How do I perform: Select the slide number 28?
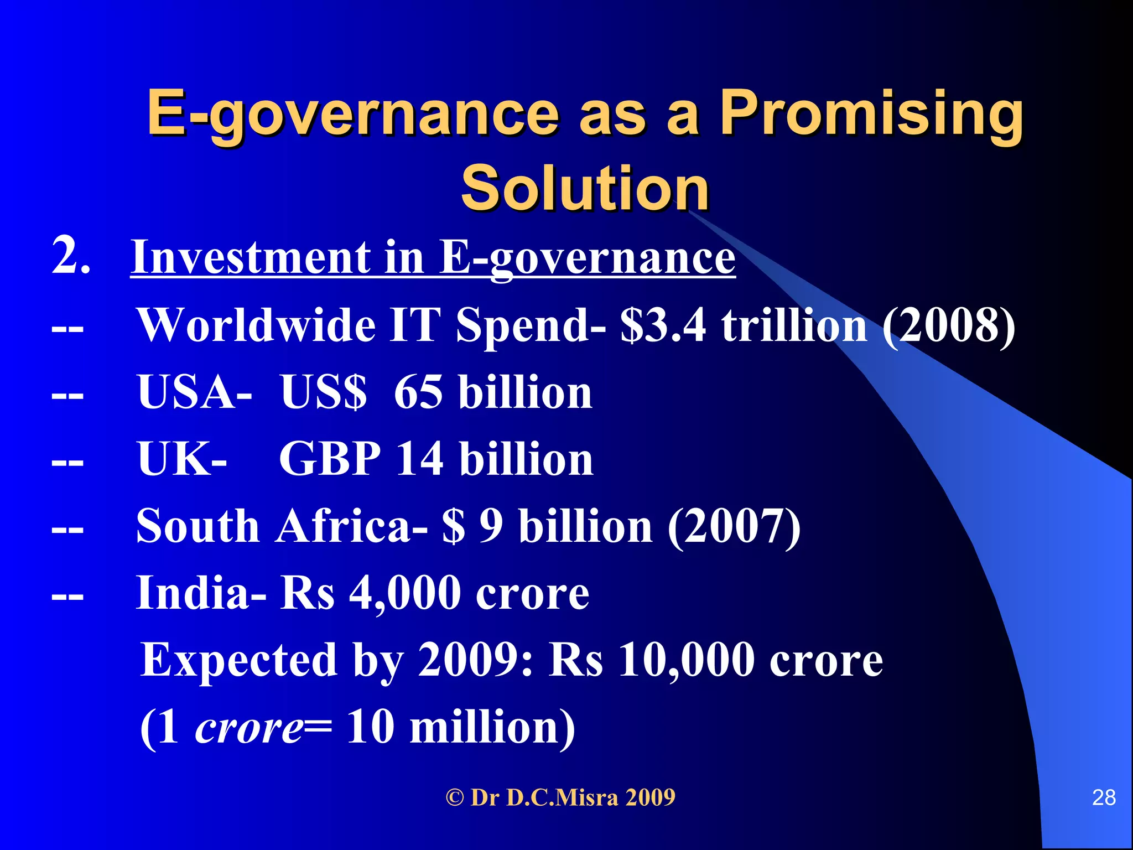1104,797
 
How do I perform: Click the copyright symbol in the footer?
455,798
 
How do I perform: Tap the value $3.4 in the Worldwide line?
663,325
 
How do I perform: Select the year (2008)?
948,326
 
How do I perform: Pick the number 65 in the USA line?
418,392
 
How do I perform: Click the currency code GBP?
330,459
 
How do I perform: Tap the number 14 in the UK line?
420,459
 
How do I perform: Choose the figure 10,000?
686,660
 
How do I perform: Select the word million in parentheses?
492,727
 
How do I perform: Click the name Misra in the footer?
586,798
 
